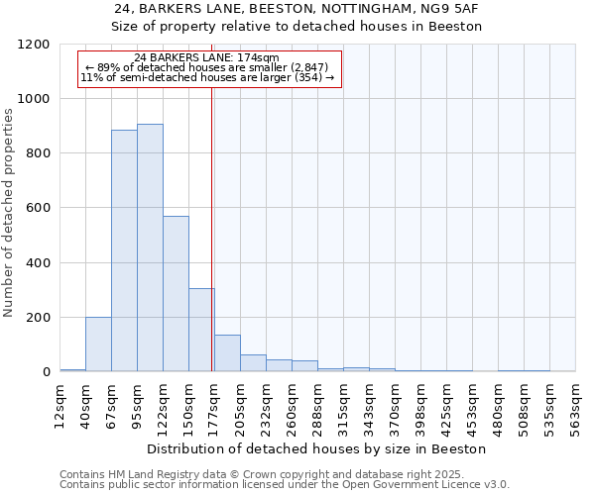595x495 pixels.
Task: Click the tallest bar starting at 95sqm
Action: [150, 247]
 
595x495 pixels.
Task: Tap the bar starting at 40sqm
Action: [98, 344]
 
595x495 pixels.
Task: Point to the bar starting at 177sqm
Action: [227, 353]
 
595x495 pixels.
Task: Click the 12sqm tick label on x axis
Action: [59, 404]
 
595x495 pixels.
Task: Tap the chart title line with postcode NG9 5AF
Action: [298, 9]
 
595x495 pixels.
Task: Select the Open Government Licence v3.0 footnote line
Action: [285, 485]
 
